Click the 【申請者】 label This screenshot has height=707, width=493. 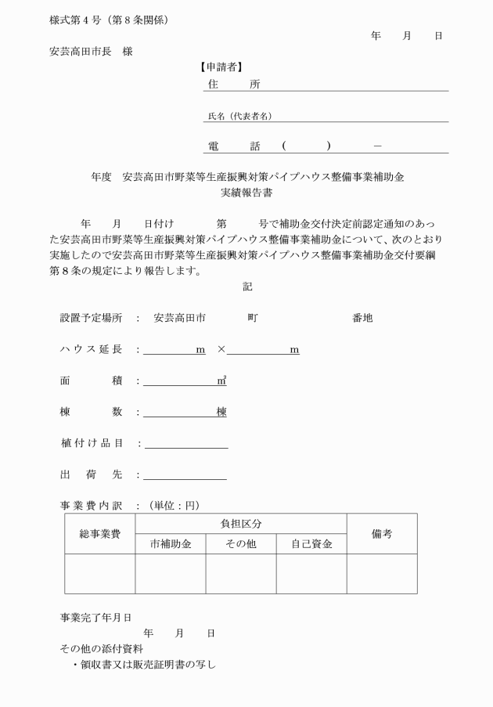222,67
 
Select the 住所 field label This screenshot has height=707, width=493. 234,84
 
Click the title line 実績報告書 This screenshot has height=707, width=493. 247,191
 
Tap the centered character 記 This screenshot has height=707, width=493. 247,287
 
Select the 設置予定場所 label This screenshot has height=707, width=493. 92,319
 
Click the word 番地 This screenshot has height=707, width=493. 362,319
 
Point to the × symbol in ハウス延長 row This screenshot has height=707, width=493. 221,350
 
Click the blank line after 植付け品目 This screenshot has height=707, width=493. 186,443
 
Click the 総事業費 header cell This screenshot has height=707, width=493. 99,534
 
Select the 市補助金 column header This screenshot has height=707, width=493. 170,543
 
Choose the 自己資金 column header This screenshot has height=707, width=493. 311,543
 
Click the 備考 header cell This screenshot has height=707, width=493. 382,534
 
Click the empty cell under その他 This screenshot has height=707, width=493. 241,574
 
